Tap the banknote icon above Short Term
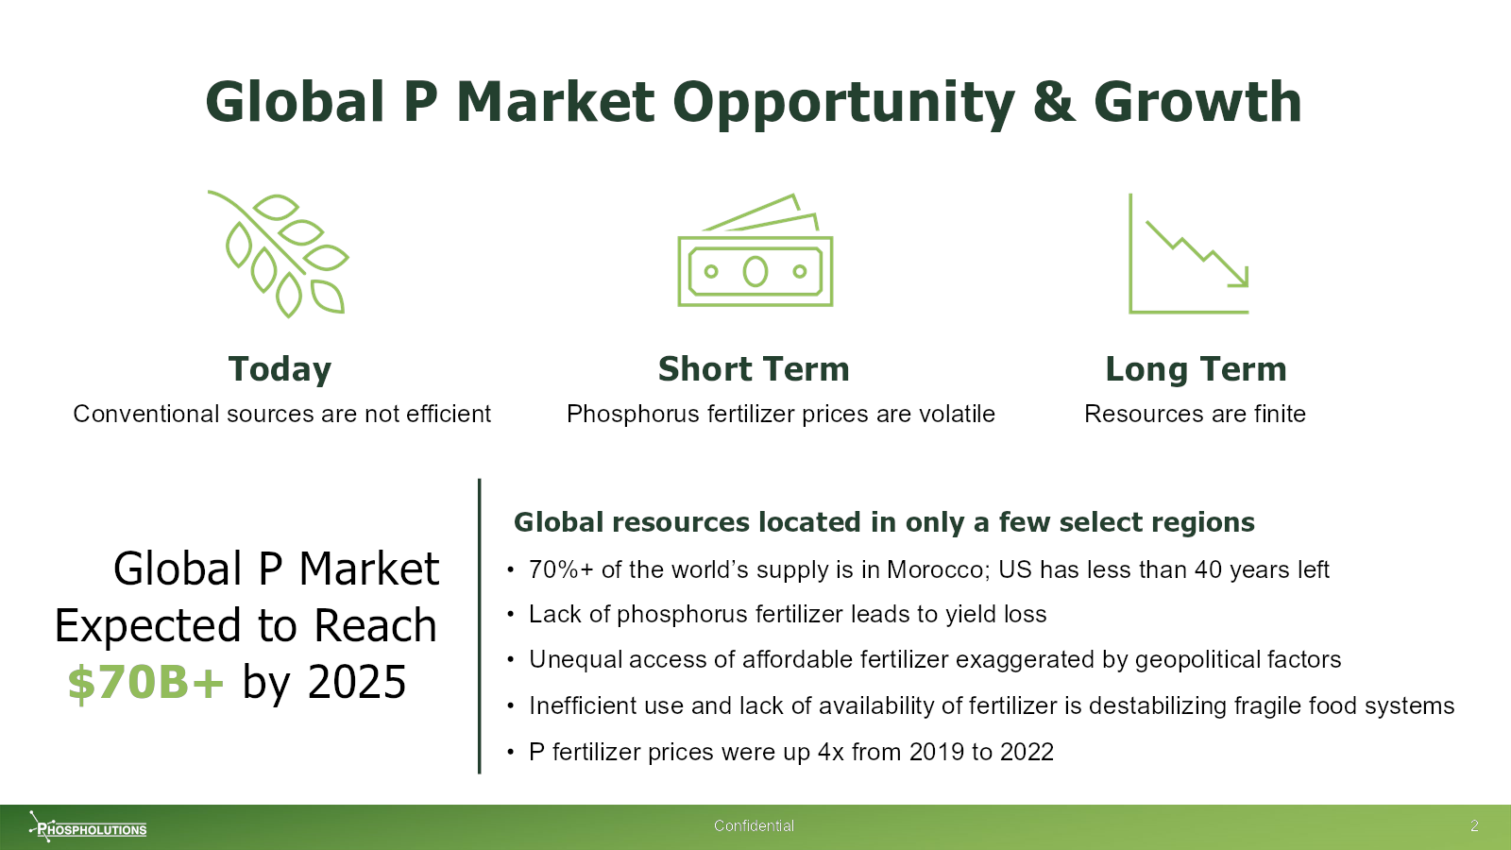[755, 250]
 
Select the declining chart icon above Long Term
[1189, 254]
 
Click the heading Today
[280, 369]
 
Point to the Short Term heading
[754, 369]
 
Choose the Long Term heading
[1196, 369]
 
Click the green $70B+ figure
[145, 682]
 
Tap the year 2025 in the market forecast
[357, 682]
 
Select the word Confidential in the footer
[755, 825]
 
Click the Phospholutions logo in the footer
[88, 826]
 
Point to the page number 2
[1474, 825]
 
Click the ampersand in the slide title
[1054, 102]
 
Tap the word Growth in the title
[1197, 102]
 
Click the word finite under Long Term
[1281, 414]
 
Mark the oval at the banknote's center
[755, 272]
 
